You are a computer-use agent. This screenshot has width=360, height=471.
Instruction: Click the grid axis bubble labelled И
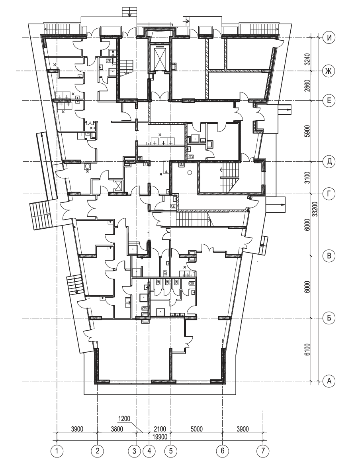click(x=329, y=38)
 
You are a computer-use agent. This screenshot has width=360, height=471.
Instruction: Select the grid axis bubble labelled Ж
click(x=329, y=71)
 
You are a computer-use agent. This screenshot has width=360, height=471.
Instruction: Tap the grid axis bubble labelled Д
click(x=329, y=161)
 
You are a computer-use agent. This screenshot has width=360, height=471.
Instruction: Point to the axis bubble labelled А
click(x=329, y=381)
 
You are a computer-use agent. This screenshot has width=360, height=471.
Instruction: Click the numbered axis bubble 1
click(x=57, y=451)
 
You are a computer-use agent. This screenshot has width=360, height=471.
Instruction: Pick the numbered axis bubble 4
click(x=149, y=451)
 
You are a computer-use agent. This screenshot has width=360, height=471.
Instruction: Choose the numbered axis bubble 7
click(x=262, y=451)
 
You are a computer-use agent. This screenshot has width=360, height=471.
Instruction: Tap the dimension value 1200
click(x=125, y=419)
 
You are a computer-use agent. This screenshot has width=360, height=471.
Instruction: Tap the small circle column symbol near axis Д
click(x=190, y=172)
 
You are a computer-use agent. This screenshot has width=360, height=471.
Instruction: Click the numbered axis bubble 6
click(x=222, y=451)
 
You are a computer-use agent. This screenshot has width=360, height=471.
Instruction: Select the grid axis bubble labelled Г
click(x=329, y=194)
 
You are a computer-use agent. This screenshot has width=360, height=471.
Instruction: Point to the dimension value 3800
click(x=117, y=429)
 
